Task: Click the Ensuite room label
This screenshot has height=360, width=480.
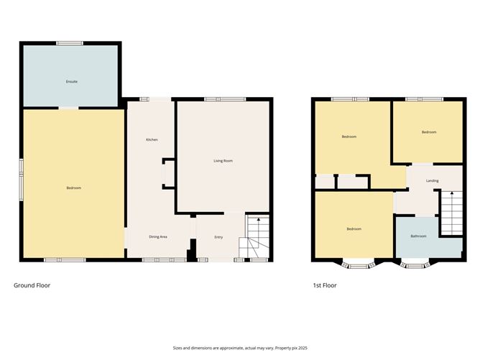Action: coord(72,81)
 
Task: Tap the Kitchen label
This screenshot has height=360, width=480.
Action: coord(152,139)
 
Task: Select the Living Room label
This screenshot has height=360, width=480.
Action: coord(223,161)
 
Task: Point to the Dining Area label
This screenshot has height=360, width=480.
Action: coord(158,236)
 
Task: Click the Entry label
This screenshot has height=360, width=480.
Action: coord(218,236)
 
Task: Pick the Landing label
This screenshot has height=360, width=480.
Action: coord(432,180)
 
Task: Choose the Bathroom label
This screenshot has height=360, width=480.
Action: coord(418,236)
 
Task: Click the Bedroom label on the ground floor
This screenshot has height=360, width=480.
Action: coord(73,188)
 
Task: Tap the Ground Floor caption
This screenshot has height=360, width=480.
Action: coord(32,285)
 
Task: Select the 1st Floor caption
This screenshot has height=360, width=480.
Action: coord(324,285)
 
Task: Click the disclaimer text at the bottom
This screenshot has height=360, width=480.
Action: coord(240,347)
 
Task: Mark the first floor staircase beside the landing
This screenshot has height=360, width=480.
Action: coord(451,213)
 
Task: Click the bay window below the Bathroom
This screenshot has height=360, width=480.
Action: coord(414,264)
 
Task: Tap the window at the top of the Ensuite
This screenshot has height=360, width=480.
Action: coord(70,43)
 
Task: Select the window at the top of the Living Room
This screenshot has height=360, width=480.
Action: coord(223,99)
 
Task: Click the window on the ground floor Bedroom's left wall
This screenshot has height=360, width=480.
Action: coord(21,177)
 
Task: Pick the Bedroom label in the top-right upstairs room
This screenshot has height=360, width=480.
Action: coord(429,132)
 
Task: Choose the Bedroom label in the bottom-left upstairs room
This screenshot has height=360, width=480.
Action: coord(354,229)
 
